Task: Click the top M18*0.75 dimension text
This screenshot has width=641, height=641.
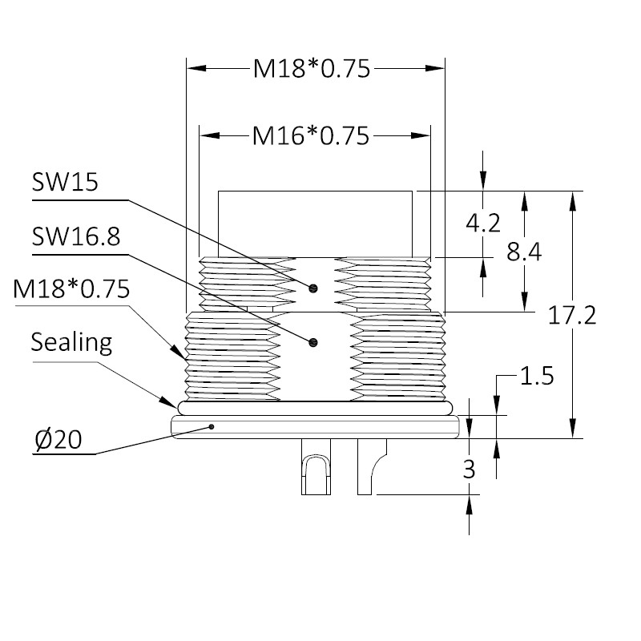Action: [312, 68]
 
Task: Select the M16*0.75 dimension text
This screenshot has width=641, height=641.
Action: [311, 135]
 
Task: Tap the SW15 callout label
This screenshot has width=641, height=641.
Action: [65, 183]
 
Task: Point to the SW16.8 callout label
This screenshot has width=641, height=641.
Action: [76, 236]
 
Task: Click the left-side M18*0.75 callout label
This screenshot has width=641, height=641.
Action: [71, 288]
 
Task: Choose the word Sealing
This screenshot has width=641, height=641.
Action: [71, 343]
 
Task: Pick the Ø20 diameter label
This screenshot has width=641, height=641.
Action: [58, 439]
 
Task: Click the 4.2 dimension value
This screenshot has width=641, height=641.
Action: [483, 224]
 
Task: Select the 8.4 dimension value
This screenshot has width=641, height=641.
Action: [524, 252]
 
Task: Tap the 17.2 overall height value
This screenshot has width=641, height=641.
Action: [572, 316]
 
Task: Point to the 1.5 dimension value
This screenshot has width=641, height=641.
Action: [537, 376]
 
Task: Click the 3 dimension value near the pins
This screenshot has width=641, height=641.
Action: [469, 470]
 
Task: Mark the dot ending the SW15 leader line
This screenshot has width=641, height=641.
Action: [313, 288]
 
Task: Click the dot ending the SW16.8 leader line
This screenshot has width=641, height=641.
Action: [313, 342]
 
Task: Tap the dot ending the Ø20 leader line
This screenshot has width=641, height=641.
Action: [212, 427]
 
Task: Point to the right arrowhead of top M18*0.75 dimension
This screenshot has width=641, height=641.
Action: [434, 68]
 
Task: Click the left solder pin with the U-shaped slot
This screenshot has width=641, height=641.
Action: [316, 467]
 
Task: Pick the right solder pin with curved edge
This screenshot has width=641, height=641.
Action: [370, 467]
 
